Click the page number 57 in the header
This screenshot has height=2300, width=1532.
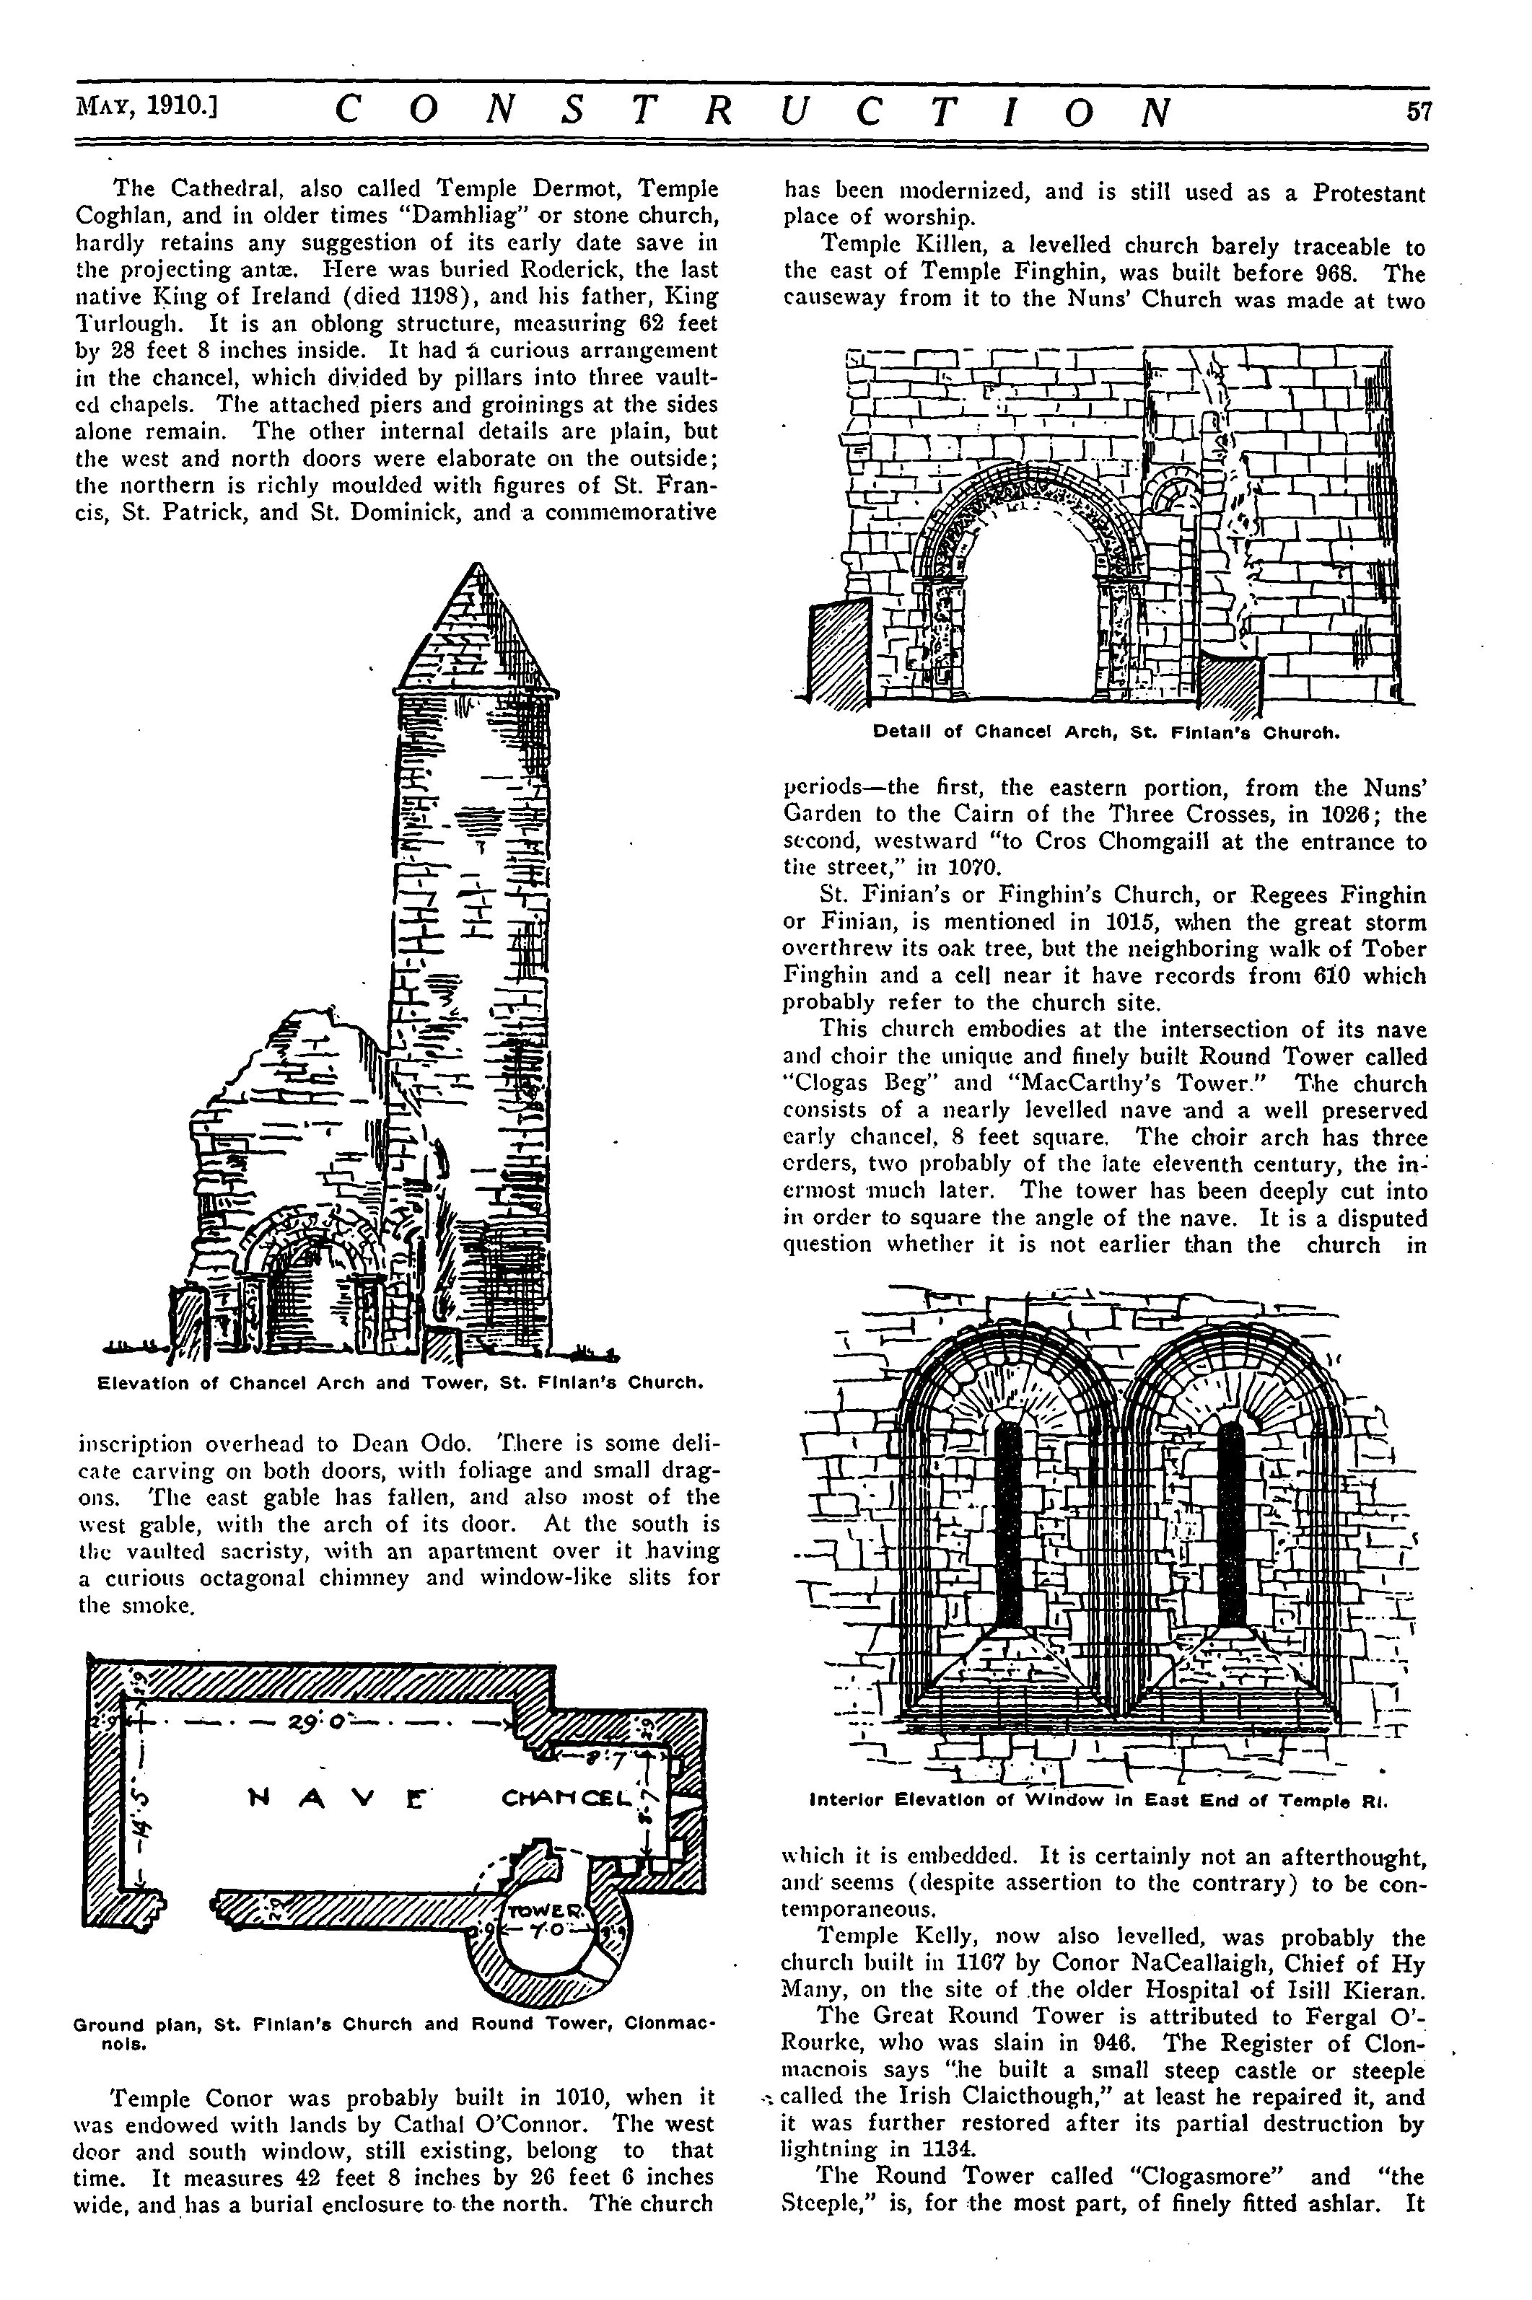point(1418,110)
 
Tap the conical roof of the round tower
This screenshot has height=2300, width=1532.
point(478,635)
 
